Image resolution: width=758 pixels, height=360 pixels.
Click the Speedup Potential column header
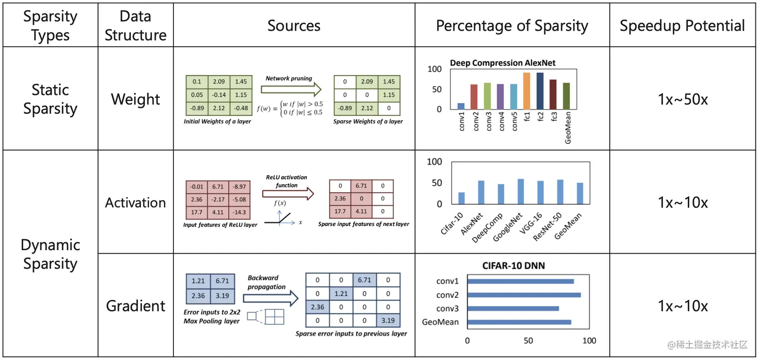click(682, 26)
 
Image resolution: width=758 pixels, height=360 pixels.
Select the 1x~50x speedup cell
click(682, 99)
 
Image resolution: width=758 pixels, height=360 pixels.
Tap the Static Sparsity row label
click(50, 99)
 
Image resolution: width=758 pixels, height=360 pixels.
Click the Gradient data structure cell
click(135, 306)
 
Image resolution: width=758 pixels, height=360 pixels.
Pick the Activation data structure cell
click(135, 203)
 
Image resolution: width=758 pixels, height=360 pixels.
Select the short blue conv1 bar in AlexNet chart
click(461, 106)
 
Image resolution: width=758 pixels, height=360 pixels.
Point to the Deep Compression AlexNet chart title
click(502, 63)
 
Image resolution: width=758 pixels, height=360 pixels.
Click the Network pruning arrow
click(291, 90)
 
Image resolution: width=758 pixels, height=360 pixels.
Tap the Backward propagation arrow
click(271, 299)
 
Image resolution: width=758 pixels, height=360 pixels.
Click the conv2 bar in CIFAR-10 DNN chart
click(524, 295)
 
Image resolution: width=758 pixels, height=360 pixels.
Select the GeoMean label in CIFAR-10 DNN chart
click(441, 322)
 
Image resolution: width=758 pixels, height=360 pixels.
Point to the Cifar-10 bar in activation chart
click(461, 198)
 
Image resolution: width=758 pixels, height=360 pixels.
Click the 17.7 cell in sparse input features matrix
click(340, 212)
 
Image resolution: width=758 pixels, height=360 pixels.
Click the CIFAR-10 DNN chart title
click(514, 266)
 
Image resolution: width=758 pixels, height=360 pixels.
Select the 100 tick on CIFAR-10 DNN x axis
click(590, 341)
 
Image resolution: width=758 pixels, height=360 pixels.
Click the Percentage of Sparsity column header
click(512, 26)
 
